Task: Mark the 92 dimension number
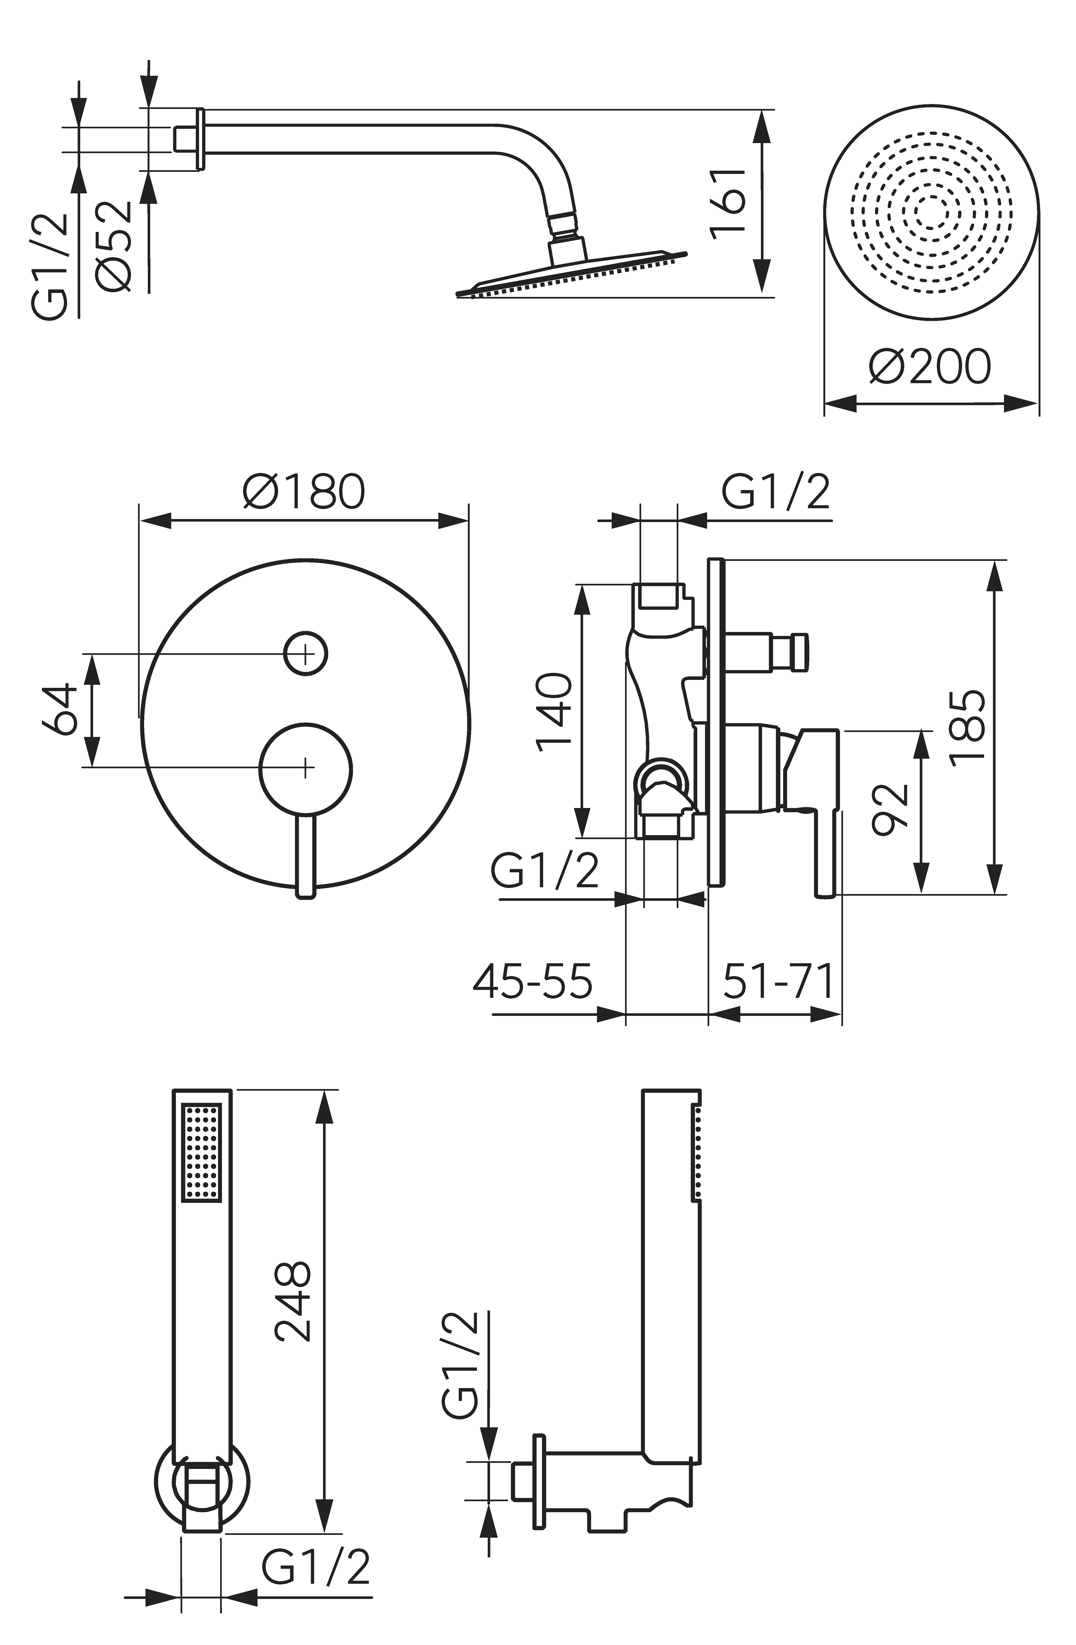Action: coord(890,809)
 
